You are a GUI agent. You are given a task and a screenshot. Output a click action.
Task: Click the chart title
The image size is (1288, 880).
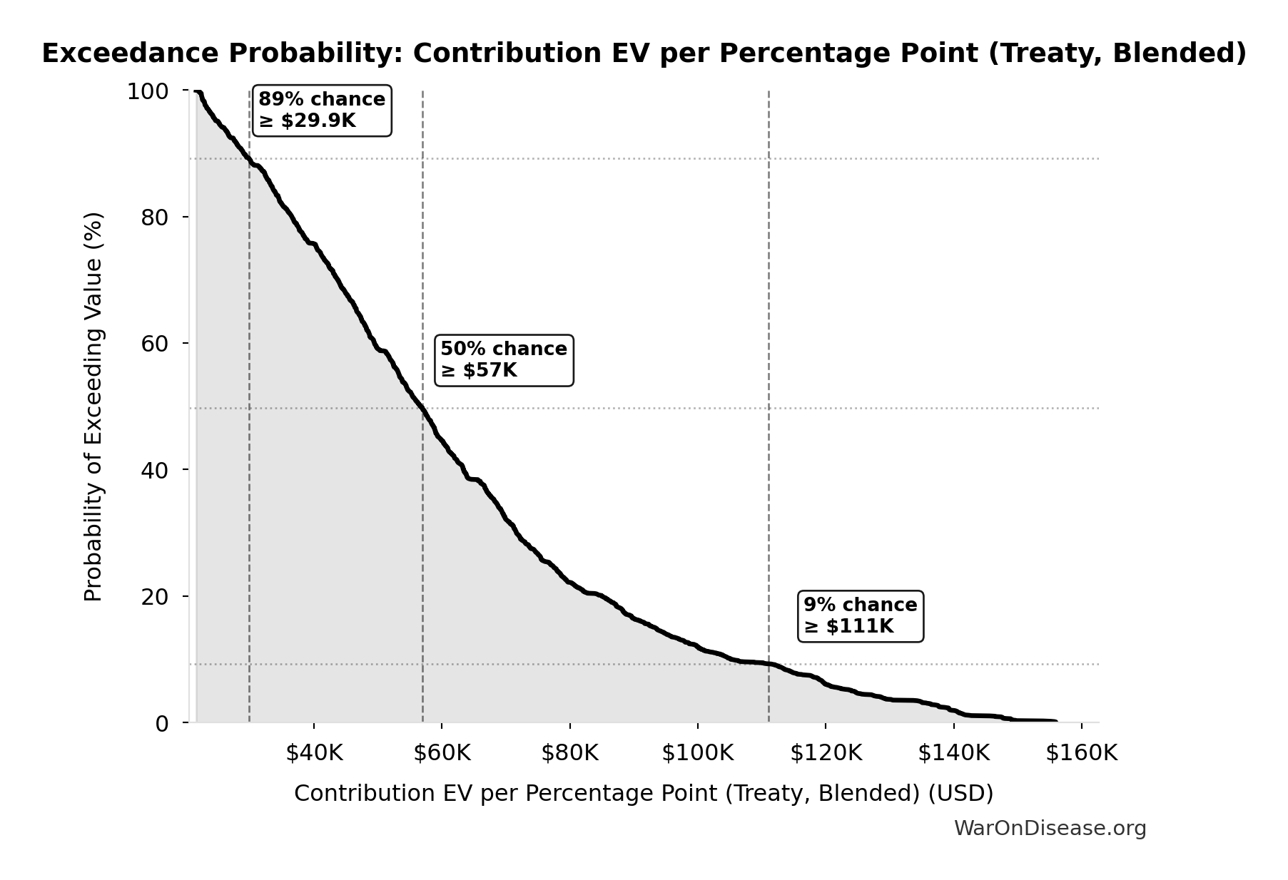coord(644,53)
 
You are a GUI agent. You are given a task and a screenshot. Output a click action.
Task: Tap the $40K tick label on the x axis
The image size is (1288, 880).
coord(314,753)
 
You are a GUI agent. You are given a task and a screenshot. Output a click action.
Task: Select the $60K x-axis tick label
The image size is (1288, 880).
coord(442,753)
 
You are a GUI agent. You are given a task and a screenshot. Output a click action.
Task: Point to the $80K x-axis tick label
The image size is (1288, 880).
coord(569,753)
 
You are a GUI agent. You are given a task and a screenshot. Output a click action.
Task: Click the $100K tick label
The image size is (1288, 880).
coord(697,753)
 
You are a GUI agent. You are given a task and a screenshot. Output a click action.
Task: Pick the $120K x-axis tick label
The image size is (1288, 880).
coord(826,753)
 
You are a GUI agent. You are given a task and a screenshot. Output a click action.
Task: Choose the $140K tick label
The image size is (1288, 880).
coord(953,753)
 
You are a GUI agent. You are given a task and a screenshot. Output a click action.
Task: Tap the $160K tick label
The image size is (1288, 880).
coord(1081,753)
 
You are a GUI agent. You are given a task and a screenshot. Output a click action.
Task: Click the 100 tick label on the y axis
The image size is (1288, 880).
coord(148,91)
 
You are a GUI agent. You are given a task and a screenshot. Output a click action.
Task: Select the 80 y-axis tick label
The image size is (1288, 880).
coord(155,218)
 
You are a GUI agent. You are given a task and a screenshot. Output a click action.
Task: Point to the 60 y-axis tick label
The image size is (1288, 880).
coord(155,344)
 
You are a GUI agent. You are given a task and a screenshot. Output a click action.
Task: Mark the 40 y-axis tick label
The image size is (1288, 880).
coord(155,470)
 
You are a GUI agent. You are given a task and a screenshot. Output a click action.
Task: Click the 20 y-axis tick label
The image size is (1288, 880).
coord(155,596)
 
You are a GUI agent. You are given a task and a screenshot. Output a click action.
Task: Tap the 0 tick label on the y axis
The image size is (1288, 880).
coord(162,723)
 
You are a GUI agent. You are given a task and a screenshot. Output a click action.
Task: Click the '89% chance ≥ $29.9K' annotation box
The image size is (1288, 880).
coord(322,111)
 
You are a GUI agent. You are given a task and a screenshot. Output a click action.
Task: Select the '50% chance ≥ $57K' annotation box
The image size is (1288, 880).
coord(504,360)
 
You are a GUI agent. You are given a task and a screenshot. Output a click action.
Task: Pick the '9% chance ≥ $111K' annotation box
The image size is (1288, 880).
coord(860,616)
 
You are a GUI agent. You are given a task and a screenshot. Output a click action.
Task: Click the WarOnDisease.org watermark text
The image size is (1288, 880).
coord(1050,829)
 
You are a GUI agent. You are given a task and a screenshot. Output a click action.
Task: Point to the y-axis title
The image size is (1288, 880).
coord(93,406)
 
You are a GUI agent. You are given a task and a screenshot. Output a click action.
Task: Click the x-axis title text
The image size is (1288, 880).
coord(644,794)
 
